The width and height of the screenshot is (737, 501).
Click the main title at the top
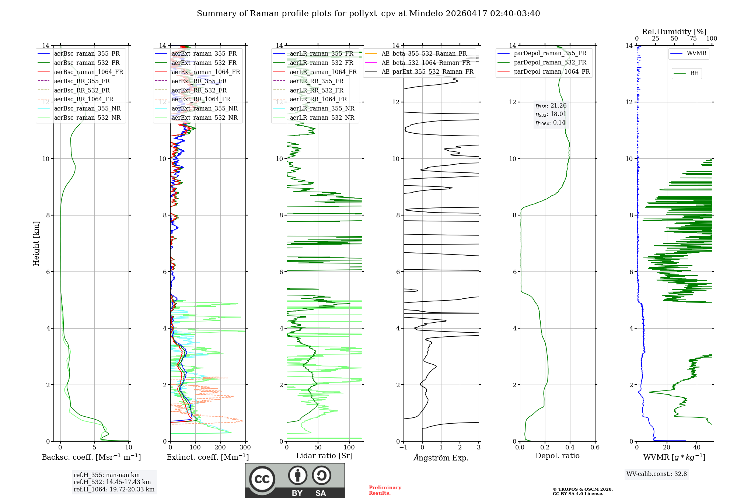coord(368,14)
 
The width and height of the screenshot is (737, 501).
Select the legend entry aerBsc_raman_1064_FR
coord(88,72)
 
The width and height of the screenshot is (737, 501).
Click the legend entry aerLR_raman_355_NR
coord(322,108)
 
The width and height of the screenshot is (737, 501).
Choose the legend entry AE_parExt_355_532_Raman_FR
coord(427,71)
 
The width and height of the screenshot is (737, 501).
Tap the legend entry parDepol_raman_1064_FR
coord(552,71)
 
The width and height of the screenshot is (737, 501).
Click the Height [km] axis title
coord(36,244)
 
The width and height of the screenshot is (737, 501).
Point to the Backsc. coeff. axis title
coord(91,457)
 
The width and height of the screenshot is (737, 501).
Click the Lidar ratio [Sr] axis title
coord(324,456)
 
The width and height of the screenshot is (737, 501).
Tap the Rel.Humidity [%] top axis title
coord(674,32)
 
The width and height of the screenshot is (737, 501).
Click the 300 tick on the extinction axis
coord(245,448)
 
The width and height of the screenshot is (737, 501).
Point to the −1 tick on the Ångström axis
coord(403,448)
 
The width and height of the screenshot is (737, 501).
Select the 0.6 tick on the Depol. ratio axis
coord(595,448)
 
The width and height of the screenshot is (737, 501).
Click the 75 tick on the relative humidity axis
coord(693,39)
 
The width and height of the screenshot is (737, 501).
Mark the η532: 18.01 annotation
coord(551,114)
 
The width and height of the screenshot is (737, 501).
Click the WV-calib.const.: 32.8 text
coord(656,474)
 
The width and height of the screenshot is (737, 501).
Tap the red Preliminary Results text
coord(385,490)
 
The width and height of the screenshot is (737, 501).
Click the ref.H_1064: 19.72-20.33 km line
coord(114,490)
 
